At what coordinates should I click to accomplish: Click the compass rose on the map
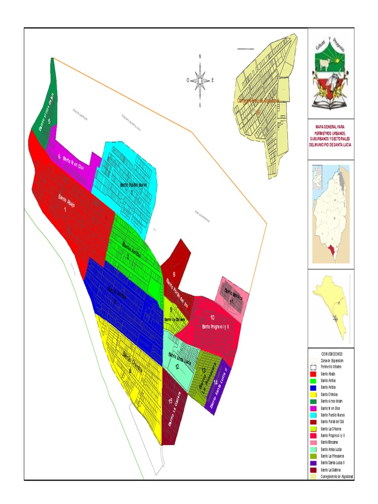pyautogui.click(x=200, y=80)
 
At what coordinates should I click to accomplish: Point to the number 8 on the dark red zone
pyautogui.click(x=174, y=268)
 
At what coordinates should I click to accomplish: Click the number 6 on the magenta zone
pyautogui.click(x=60, y=157)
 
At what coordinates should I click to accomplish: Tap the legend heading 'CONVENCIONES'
pyautogui.click(x=331, y=354)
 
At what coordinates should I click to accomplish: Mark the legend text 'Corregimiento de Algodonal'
pyautogui.click(x=337, y=476)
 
